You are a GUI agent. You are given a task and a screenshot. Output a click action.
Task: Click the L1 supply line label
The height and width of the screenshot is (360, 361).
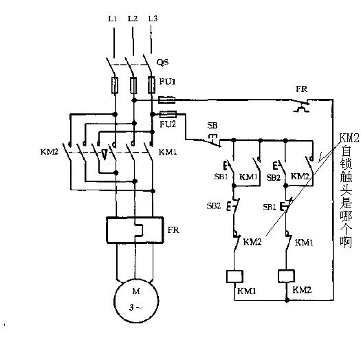(113, 19)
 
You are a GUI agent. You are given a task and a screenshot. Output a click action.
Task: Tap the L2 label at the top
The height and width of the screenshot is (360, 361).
(133, 19)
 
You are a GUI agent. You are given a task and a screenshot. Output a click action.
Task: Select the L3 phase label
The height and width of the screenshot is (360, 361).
(153, 19)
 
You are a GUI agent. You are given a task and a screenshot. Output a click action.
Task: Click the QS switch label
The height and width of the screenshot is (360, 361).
(163, 62)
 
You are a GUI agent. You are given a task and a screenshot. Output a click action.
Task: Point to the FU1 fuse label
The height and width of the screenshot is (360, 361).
(167, 82)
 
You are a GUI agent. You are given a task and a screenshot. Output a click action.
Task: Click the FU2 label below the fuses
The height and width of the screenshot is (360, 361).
(168, 124)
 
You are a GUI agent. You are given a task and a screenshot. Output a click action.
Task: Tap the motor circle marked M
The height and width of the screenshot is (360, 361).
(136, 301)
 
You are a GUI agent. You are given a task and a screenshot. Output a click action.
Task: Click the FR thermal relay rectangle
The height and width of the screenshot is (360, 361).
(135, 229)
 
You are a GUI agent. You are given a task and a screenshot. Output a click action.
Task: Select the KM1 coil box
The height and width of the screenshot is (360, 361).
(234, 276)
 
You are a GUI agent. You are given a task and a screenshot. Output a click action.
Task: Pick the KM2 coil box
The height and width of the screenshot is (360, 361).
(286, 276)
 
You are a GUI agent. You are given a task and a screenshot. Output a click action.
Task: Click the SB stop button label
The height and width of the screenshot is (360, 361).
(212, 126)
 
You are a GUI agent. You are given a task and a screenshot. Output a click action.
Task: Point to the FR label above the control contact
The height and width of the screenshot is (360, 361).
(302, 89)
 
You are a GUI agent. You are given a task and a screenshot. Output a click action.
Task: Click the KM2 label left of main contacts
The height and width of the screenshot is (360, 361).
(49, 152)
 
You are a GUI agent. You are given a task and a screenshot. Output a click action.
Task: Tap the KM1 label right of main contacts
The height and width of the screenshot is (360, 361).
(168, 152)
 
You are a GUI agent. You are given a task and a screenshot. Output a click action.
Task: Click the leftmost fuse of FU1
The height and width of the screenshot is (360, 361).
(115, 85)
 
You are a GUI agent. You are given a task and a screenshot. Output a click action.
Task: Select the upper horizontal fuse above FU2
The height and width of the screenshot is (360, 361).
(167, 100)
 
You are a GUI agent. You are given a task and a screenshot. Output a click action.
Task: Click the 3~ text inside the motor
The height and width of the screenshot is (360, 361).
(135, 307)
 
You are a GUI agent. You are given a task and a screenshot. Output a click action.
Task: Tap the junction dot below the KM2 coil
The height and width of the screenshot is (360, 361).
(287, 300)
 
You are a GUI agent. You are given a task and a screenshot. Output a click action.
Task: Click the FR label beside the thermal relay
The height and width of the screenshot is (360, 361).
(173, 230)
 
